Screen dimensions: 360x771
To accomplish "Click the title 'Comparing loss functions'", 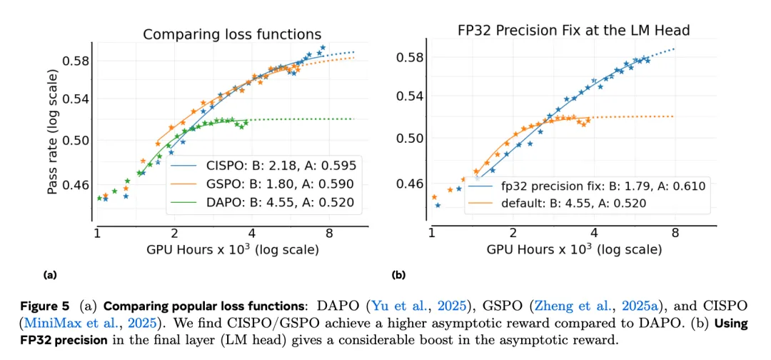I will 232,34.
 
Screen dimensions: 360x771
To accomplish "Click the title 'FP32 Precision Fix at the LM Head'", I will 573,31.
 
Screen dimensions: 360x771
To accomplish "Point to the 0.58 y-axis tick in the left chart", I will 76,61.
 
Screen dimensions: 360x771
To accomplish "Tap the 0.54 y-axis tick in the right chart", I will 410,96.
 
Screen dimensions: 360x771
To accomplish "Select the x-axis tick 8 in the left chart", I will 329,233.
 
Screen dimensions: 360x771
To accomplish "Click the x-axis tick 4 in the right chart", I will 594,233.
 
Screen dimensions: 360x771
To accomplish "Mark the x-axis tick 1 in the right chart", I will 431,233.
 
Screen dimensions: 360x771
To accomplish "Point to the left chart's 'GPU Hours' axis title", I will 232,250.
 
